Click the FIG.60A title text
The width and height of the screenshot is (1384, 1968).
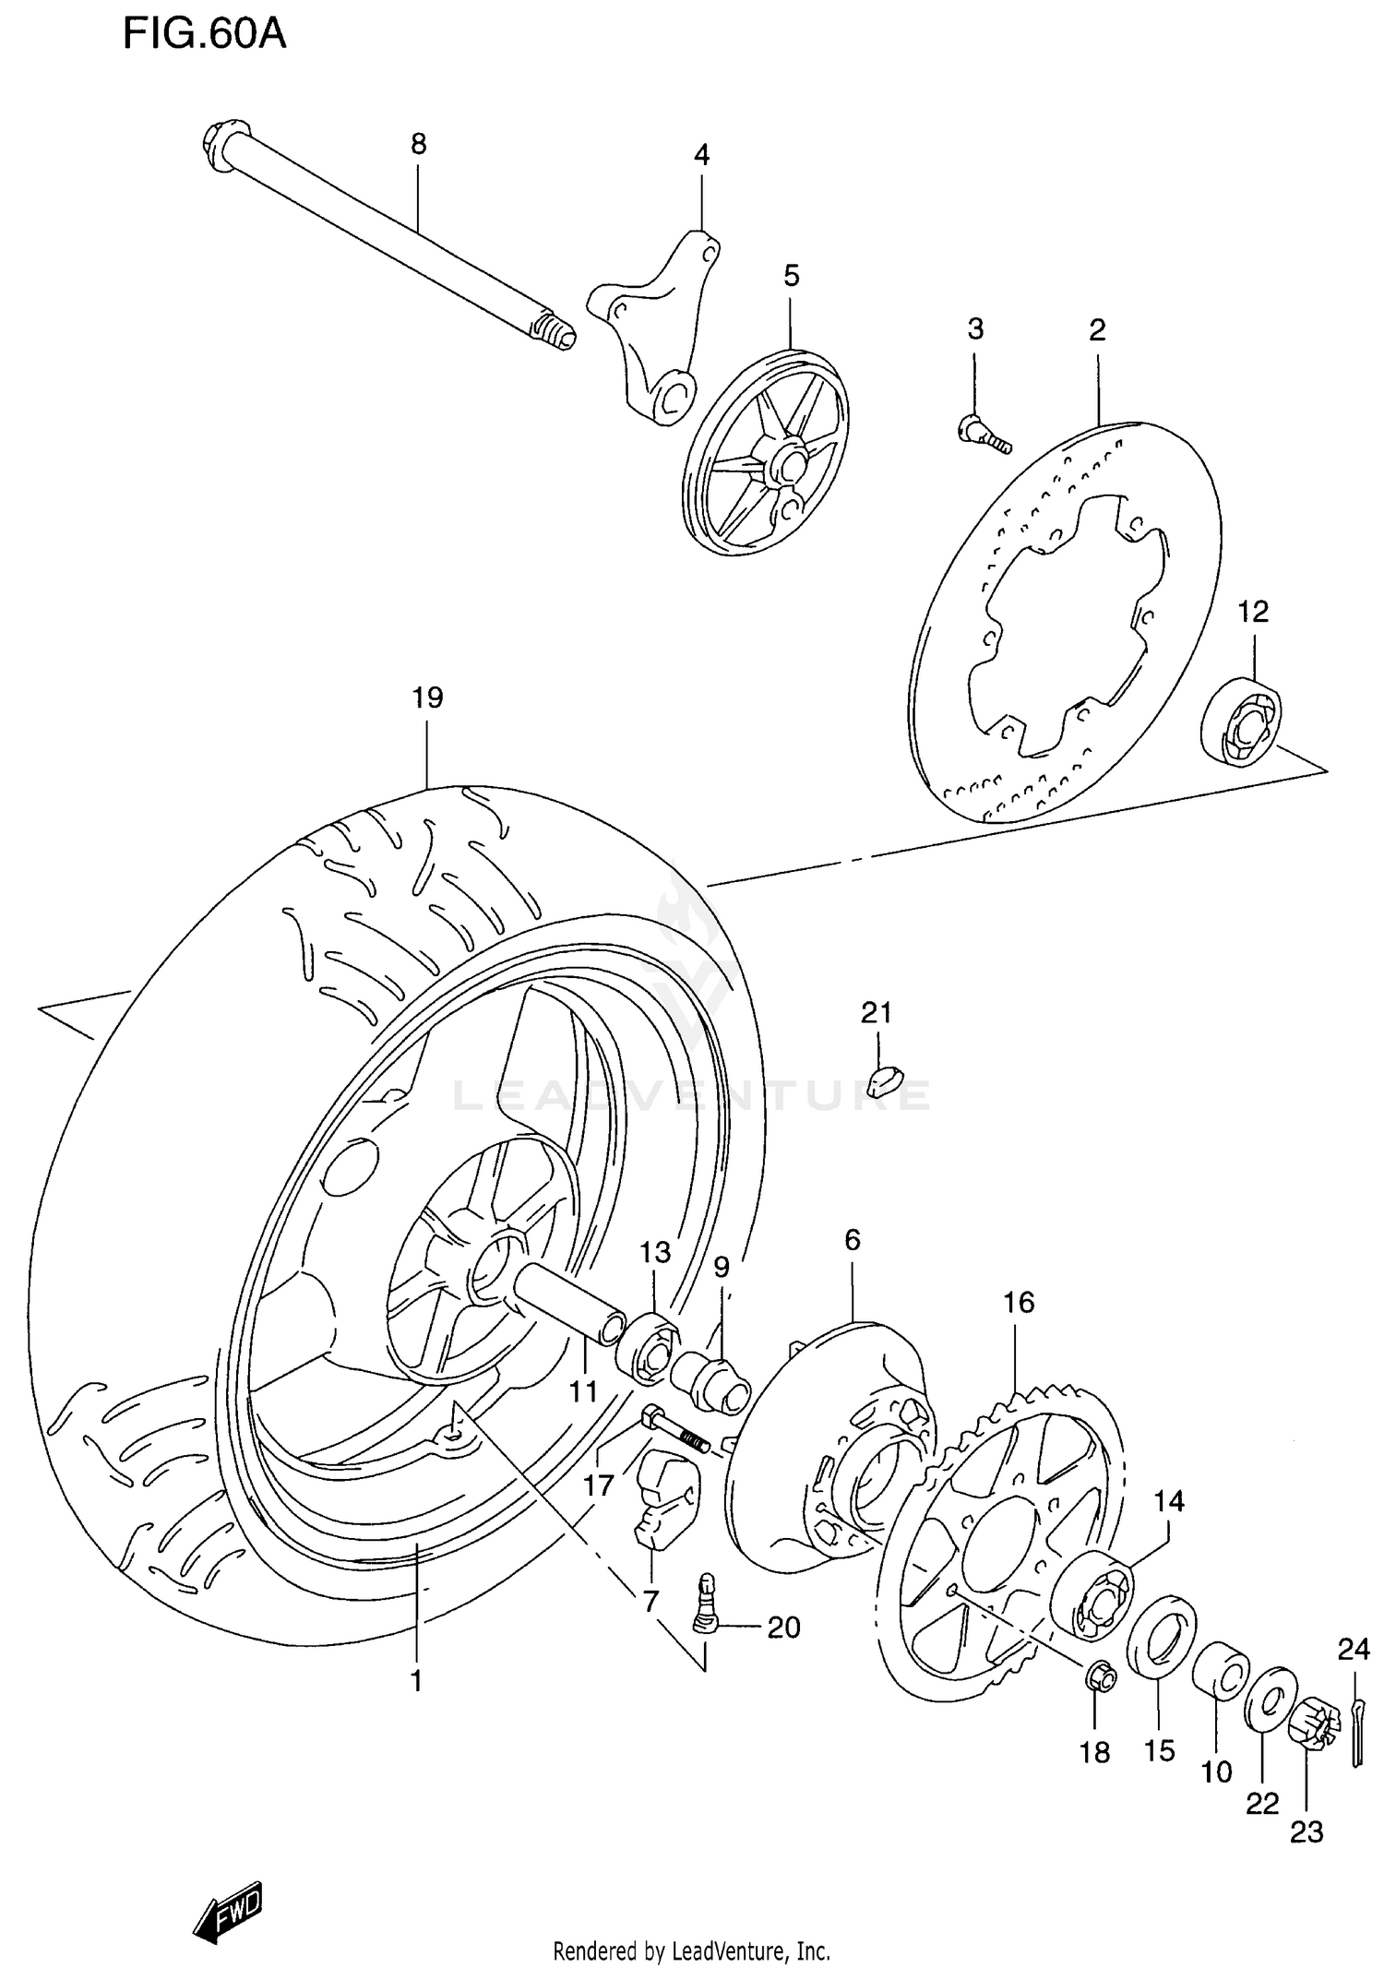[205, 35]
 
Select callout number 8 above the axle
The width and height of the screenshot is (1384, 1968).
[418, 144]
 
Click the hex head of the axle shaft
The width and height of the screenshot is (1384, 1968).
[224, 146]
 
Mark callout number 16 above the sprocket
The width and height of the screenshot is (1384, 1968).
[1019, 1303]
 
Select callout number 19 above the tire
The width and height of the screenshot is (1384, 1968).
[427, 698]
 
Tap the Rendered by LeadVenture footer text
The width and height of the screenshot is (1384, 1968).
[691, 1952]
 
